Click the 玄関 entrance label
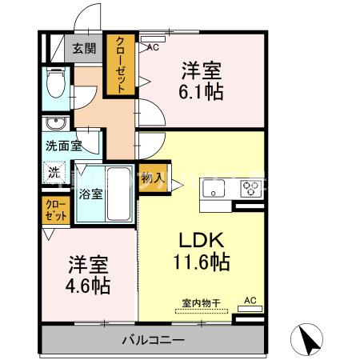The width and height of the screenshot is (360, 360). pos(84,49)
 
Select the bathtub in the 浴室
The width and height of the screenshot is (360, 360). pos(119,194)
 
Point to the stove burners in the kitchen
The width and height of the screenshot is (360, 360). pos(251,190)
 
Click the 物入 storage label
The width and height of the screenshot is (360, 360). pos(152,178)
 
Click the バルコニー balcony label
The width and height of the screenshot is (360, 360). pos(152,340)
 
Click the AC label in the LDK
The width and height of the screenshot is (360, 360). pos(249,300)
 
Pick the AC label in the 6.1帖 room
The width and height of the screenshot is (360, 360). pos(151,48)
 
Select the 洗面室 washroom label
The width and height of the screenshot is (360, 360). pos(63,147)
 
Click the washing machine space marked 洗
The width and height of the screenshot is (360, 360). pos(54,170)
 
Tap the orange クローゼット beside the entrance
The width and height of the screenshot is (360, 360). pos(120,64)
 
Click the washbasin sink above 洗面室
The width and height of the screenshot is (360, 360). pos(55,124)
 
